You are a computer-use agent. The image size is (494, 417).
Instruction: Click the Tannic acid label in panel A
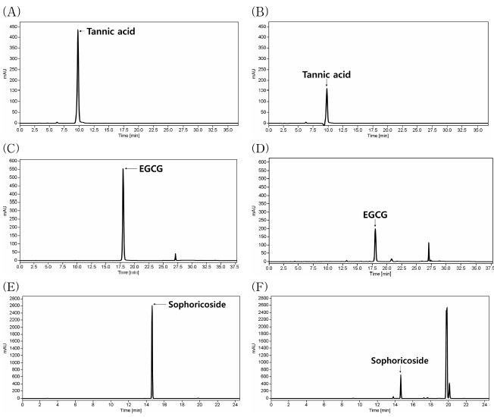tap(111, 31)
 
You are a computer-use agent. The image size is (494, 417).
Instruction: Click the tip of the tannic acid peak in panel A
tap(77, 31)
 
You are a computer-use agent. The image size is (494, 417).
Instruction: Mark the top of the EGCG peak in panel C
tap(123, 168)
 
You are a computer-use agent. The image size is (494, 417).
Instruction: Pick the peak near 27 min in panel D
tap(428, 243)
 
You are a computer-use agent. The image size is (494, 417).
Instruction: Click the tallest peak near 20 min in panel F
tap(447, 308)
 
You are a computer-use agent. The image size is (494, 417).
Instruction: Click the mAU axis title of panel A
tap(5, 73)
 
